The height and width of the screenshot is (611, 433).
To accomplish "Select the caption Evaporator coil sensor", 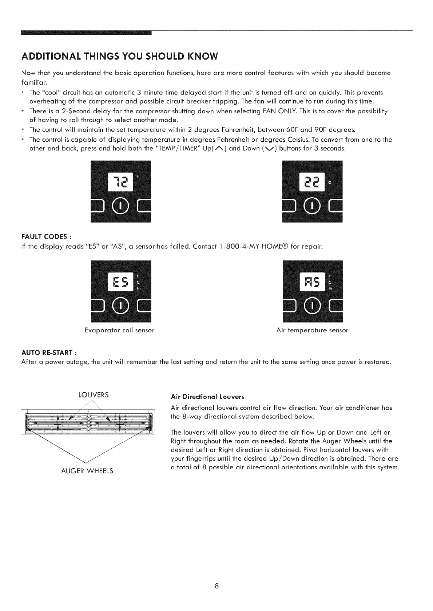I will [x=120, y=331].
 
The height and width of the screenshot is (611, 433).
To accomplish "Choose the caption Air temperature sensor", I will [x=312, y=331].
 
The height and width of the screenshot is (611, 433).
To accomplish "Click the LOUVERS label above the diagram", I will [x=94, y=395].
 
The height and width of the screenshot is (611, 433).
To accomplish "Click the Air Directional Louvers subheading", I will [x=207, y=396].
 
